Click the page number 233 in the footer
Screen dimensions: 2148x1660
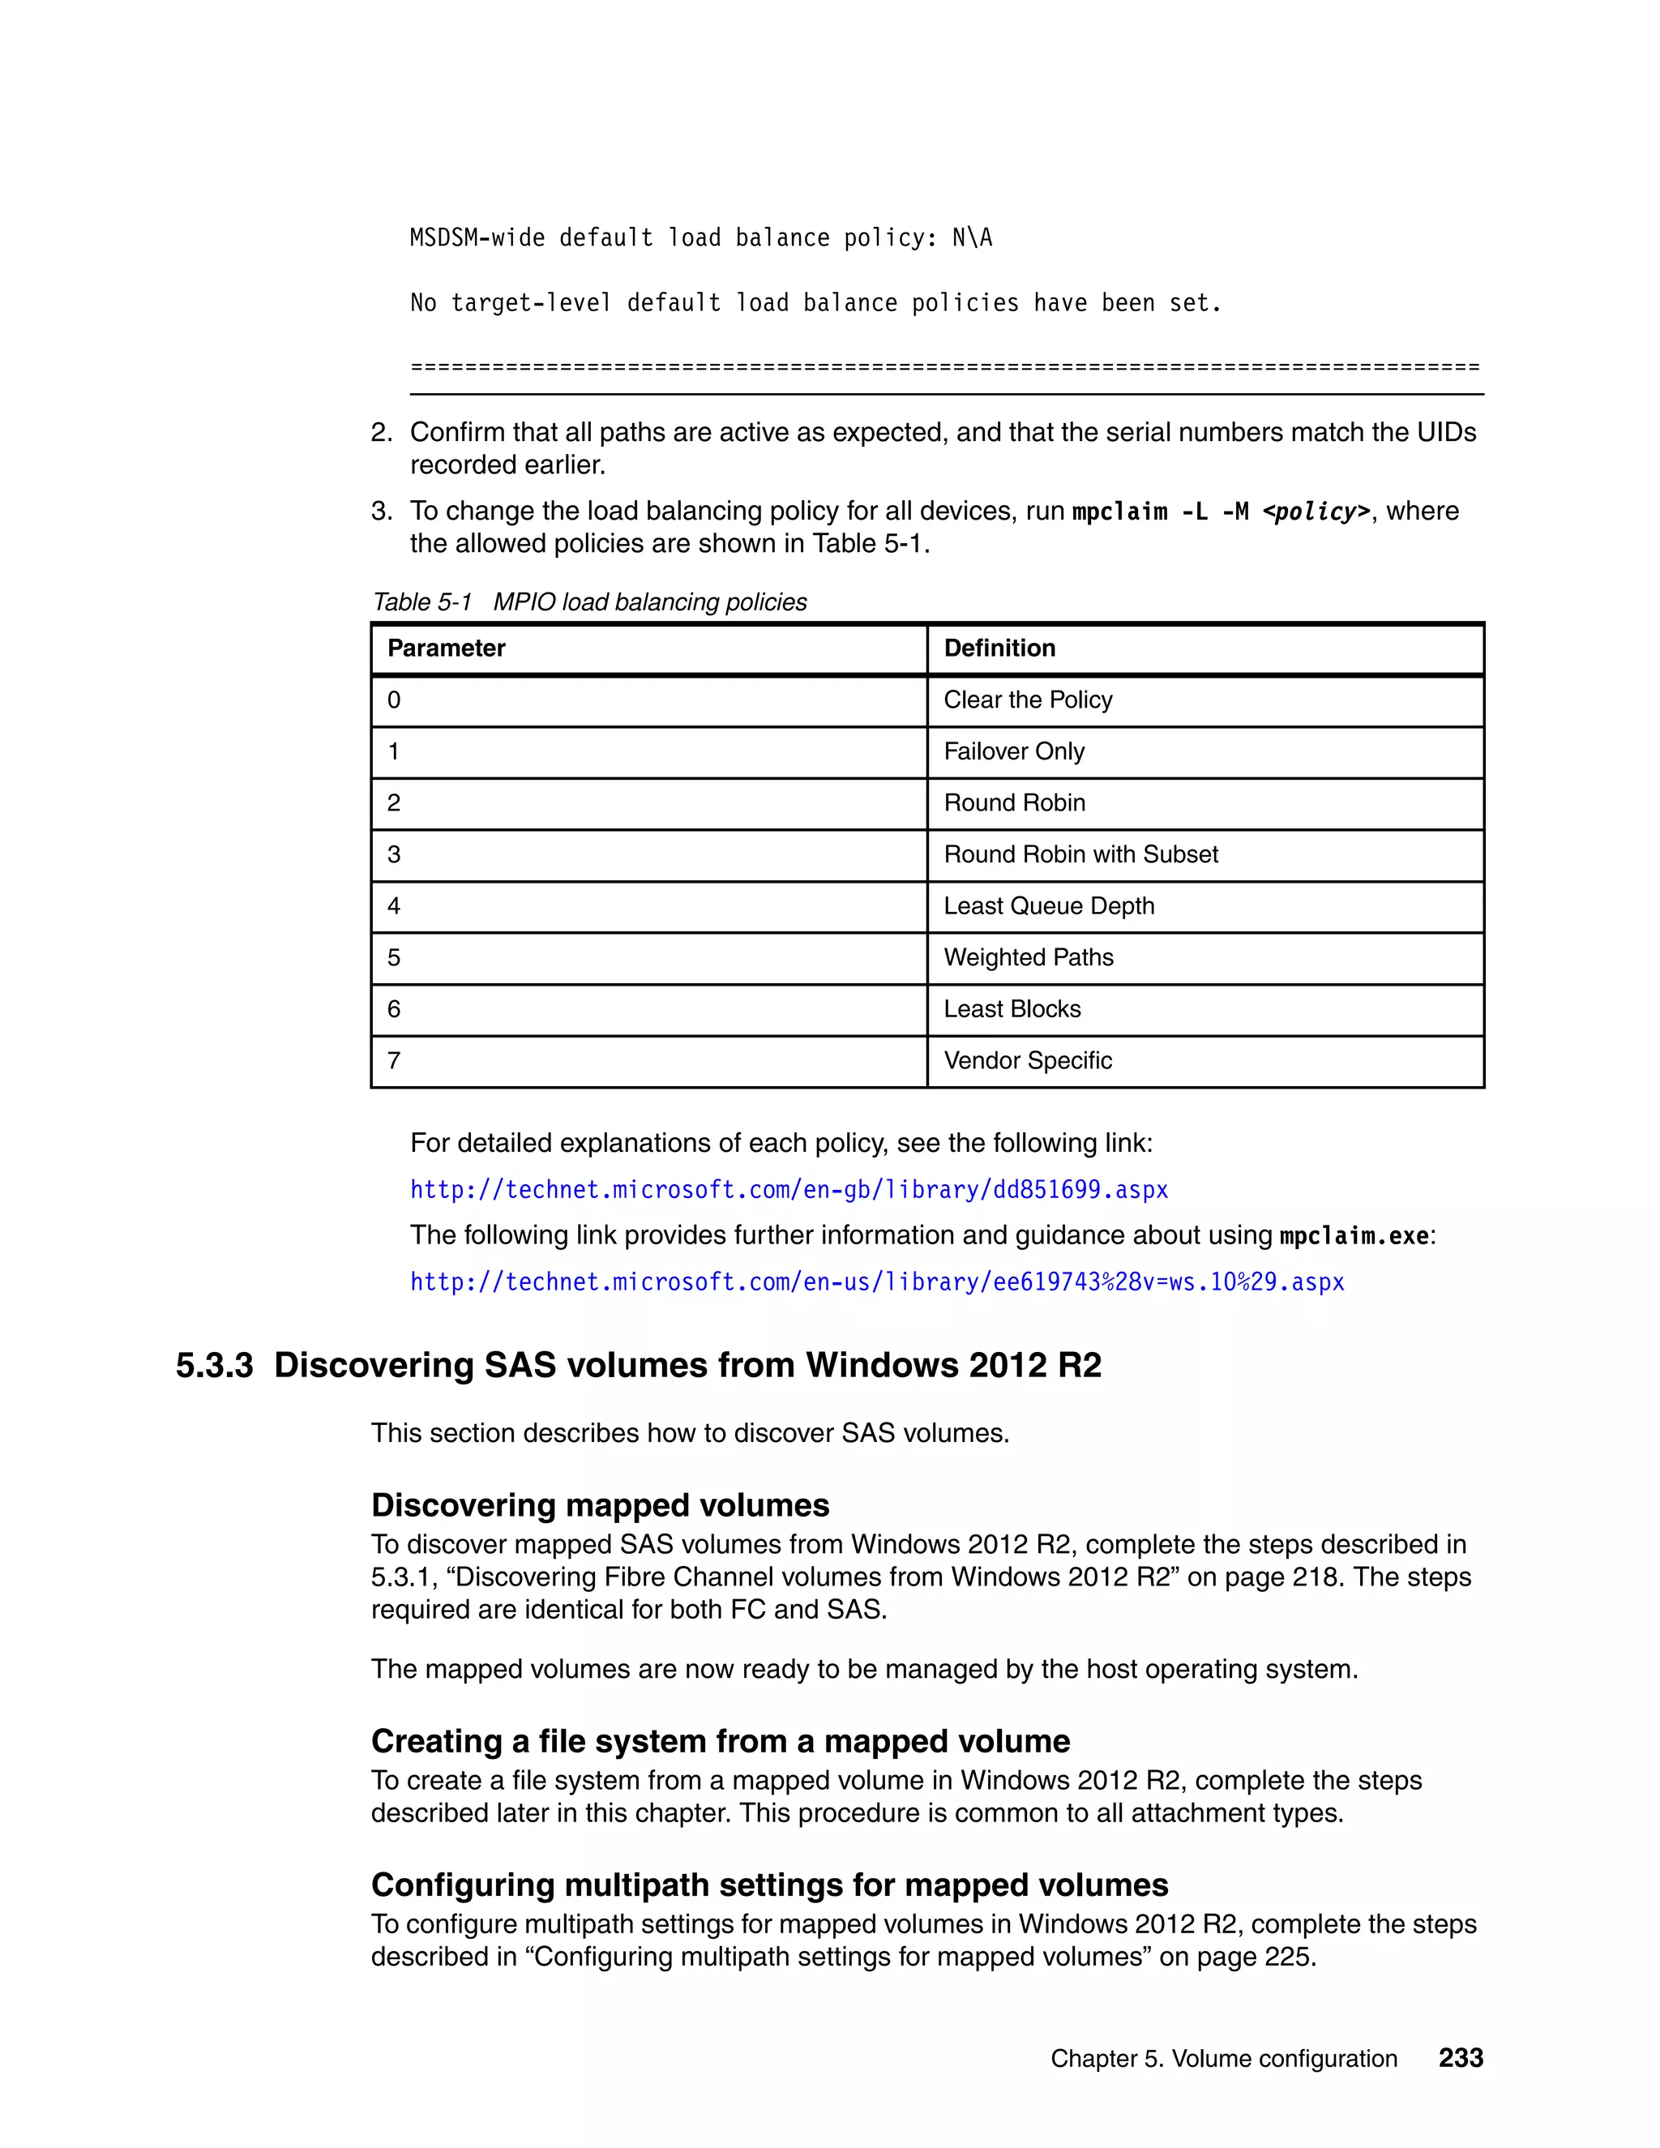click(x=1461, y=2057)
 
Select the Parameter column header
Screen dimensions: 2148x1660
click(x=446, y=648)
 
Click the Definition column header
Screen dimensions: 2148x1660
click(x=999, y=648)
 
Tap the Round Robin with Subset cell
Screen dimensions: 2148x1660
click(x=1080, y=854)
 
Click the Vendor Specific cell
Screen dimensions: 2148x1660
click(x=1027, y=1060)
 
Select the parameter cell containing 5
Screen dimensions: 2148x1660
click(x=395, y=958)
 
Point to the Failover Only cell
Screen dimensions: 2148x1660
click(x=1013, y=751)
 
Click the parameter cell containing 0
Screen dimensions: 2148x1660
click(x=395, y=700)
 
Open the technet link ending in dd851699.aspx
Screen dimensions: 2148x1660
click(x=789, y=1190)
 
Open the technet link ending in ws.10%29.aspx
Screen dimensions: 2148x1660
click(x=876, y=1282)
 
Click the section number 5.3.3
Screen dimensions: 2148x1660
click(x=214, y=1365)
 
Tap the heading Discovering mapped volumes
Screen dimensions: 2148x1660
click(x=600, y=1504)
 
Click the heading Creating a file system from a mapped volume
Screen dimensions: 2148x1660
click(x=720, y=1741)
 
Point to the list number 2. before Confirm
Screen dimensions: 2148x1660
click(x=382, y=433)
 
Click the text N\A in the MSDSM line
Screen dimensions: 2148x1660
click(x=972, y=238)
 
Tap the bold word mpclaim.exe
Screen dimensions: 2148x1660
click(x=1353, y=1236)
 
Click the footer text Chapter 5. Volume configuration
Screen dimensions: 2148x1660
click(x=1223, y=2059)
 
